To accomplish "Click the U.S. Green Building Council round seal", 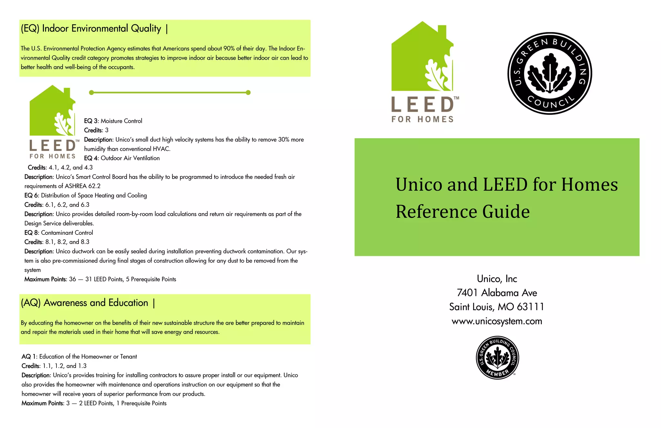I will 550,73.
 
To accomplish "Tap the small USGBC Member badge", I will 497,358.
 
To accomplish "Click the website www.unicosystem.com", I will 497,321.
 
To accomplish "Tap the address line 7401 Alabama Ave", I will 497,293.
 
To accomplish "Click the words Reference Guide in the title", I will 463,212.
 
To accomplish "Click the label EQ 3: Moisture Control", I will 113,121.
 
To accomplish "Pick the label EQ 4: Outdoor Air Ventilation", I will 122,158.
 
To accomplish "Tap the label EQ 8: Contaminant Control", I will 59,233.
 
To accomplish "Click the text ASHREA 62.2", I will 83,186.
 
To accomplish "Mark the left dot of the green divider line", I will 91,93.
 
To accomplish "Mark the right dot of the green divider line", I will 248,93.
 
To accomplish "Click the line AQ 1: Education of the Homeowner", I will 79,357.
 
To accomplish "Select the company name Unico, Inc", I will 497,279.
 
